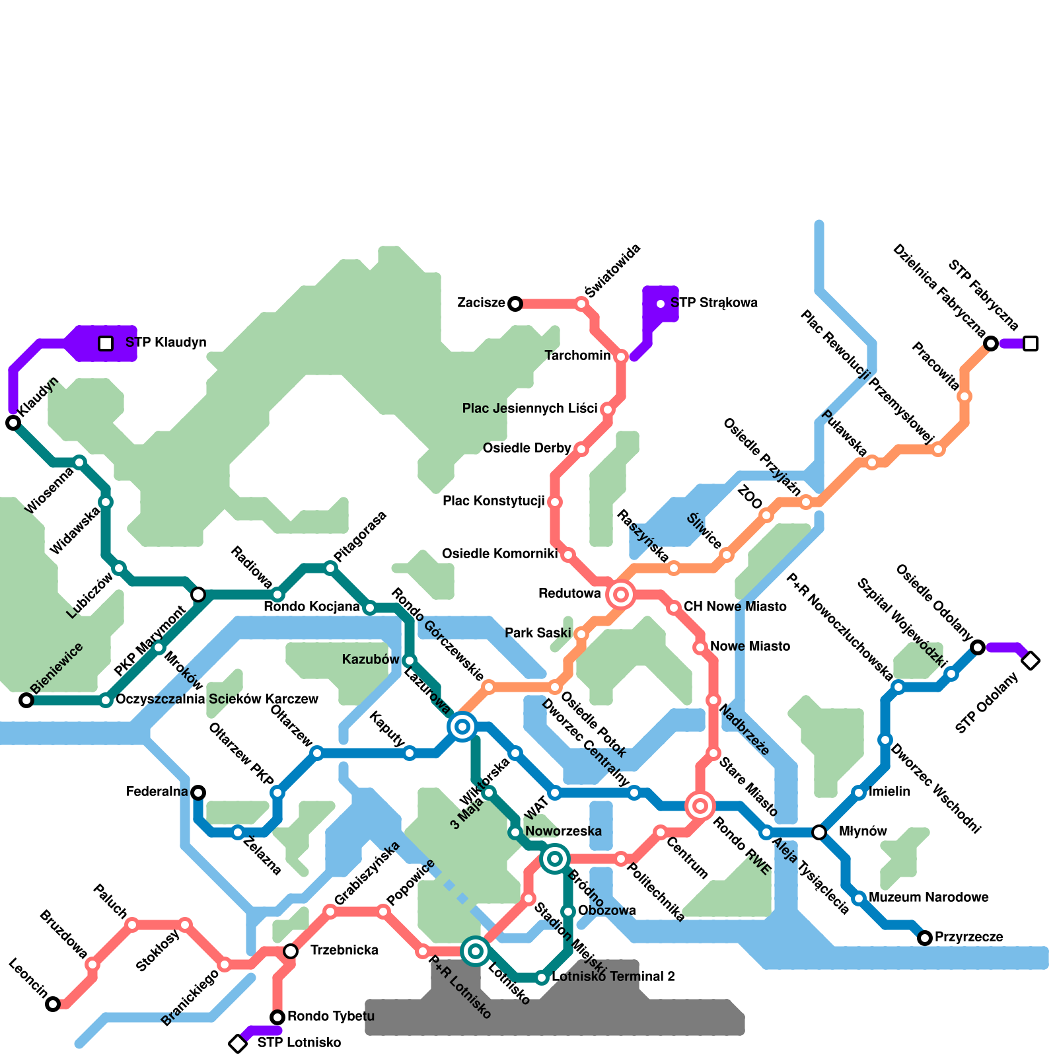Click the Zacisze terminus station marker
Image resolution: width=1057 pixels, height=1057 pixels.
click(515, 304)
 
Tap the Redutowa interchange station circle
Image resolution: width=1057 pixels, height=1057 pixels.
click(621, 595)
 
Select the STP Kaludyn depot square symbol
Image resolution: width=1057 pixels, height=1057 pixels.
click(106, 344)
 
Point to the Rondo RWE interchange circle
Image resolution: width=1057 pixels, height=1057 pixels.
click(700, 806)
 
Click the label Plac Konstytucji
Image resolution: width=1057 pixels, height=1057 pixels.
click(493, 501)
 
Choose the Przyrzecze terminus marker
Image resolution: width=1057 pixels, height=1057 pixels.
click(925, 938)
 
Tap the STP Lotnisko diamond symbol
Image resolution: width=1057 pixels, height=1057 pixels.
click(238, 1044)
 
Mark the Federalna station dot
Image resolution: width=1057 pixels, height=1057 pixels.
click(198, 793)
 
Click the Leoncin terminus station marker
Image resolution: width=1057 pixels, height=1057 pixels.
click(53, 1004)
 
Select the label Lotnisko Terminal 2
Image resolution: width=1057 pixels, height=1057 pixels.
click(613, 977)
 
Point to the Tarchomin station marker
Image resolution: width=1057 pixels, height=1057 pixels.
click(621, 357)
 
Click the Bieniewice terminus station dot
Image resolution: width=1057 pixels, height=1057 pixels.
click(26, 700)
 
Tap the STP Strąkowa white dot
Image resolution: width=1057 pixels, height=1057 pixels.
click(661, 304)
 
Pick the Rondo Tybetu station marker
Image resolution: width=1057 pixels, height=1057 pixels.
click(277, 1017)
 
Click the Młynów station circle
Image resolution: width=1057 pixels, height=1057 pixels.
click(819, 832)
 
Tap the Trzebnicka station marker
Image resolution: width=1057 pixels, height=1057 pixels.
click(291, 951)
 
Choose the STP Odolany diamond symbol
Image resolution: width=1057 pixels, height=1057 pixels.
click(1031, 661)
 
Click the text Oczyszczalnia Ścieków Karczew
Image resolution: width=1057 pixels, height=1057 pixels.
click(217, 700)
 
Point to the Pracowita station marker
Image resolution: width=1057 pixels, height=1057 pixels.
click(965, 396)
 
